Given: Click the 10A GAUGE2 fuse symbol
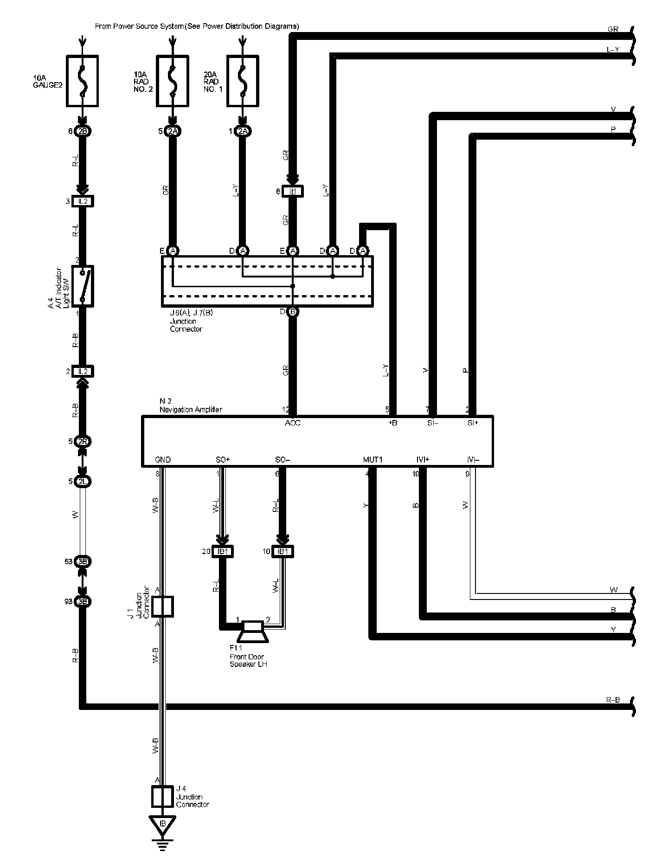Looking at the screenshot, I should point(82,81).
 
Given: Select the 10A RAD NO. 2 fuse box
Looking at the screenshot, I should point(172,81).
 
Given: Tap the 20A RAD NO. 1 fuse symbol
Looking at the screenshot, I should point(243,81).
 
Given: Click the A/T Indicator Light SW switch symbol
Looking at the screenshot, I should point(83,286).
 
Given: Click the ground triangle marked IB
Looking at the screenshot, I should point(162,824).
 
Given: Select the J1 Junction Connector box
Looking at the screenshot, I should point(162,606).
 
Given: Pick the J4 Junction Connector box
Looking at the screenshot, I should point(162,797).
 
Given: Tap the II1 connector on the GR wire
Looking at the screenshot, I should point(293,191).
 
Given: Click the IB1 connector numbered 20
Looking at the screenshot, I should point(223,551).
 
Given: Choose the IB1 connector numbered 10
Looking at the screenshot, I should point(282,551).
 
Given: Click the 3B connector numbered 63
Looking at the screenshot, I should point(83,561).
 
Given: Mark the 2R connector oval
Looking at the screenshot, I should point(83,441).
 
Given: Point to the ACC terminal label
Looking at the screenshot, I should point(293,423).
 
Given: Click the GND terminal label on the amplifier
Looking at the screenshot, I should point(163,460).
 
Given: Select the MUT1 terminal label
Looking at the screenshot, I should point(373,460).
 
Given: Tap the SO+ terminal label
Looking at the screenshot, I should point(223,460).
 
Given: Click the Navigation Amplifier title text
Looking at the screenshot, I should point(191,410).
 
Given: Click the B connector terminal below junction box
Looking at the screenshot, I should point(293,312).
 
